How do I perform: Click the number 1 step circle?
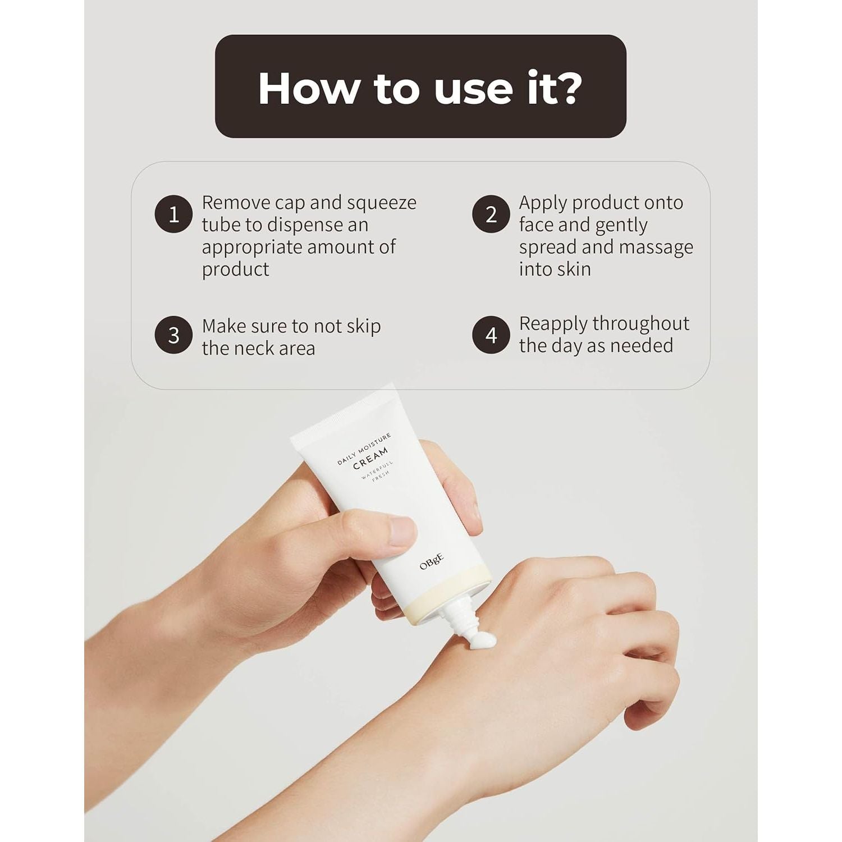[174, 214]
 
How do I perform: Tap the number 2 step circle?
[491, 214]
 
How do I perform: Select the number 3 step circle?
[174, 335]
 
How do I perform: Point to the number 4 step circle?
[491, 335]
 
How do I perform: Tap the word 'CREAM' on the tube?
[370, 458]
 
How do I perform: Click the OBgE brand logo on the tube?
[432, 562]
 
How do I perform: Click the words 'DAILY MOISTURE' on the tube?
[364, 449]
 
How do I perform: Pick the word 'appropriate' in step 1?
[251, 248]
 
